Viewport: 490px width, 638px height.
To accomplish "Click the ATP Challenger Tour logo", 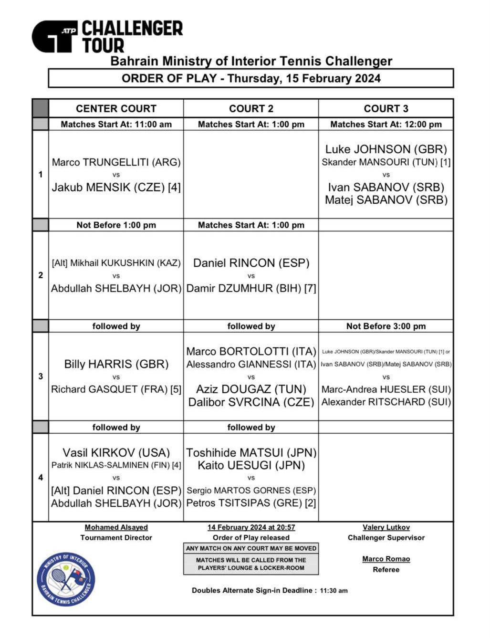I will (x=107, y=36).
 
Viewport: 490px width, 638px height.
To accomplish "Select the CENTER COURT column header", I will (x=116, y=108).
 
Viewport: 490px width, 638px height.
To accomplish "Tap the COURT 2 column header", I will (x=251, y=108).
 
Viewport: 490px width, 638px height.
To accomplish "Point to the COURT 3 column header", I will (x=386, y=108).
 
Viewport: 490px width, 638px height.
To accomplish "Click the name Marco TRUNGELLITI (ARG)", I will (x=116, y=162).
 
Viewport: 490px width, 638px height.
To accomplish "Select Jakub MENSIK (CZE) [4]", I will (x=116, y=187).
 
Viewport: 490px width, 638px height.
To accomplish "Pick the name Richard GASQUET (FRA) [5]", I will (x=116, y=389).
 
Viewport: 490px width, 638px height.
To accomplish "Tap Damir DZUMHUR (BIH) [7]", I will (x=251, y=288).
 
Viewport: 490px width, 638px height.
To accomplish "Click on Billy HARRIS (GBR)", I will (x=116, y=364).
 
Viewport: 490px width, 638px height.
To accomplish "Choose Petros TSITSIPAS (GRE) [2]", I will (x=251, y=503).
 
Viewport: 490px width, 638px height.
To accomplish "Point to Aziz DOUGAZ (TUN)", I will (x=251, y=389).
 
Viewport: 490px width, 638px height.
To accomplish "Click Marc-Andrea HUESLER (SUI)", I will (x=386, y=389).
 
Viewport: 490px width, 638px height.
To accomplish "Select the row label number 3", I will (x=41, y=377).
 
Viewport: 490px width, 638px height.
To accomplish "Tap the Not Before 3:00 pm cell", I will (x=386, y=326).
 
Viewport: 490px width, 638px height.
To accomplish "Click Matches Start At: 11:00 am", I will (x=116, y=125).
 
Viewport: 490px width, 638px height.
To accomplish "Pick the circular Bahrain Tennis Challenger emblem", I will (x=66, y=580).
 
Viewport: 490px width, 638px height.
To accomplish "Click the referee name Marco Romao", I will (x=386, y=559).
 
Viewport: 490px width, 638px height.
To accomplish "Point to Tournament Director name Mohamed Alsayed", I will (x=116, y=527).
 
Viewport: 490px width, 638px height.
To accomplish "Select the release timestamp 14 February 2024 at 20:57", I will (x=251, y=527).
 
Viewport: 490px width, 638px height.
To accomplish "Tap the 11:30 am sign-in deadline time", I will (x=334, y=591).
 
